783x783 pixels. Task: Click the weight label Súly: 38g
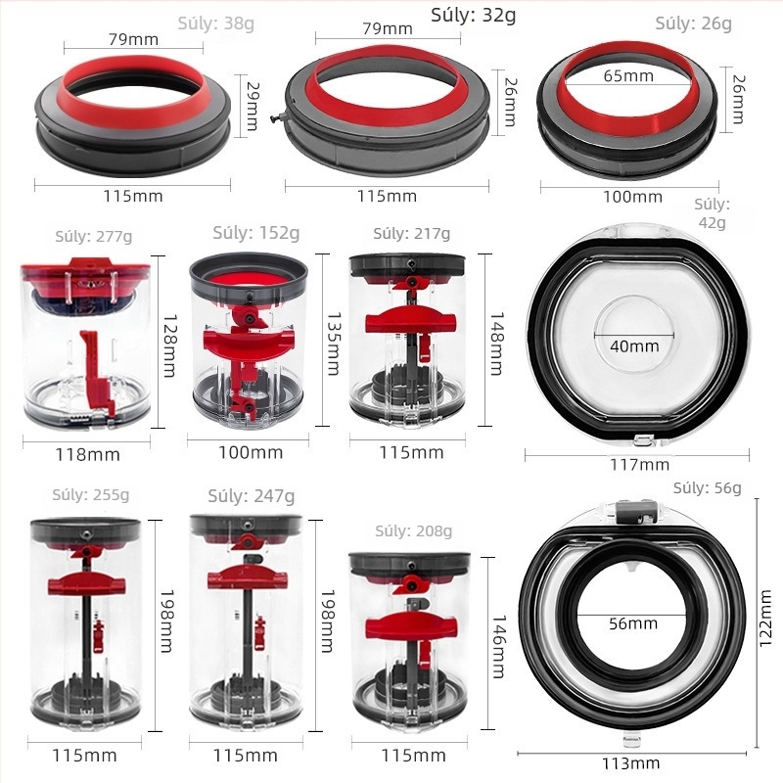pos(215,23)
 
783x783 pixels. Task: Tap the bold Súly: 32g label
pos(474,16)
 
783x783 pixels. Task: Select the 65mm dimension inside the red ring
pos(628,76)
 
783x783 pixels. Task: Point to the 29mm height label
pos(253,106)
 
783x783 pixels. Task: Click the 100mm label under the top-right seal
pos(632,197)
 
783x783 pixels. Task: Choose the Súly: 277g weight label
pos(94,236)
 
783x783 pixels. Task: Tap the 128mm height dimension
pos(170,345)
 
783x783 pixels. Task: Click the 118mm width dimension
pos(87,455)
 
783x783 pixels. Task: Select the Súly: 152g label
pos(256,233)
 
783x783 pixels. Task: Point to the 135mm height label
pos(333,344)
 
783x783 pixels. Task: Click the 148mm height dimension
pos(497,344)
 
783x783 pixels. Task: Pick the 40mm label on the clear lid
pos(634,346)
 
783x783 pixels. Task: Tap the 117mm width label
pos(640,465)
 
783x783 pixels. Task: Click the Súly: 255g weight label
pos(91,495)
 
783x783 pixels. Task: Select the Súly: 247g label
pos(252,496)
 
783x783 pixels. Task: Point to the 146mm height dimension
pos(499,647)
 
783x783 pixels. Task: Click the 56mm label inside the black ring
pos(633,623)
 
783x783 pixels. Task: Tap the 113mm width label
pos(630,763)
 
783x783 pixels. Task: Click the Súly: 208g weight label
pos(413,530)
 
